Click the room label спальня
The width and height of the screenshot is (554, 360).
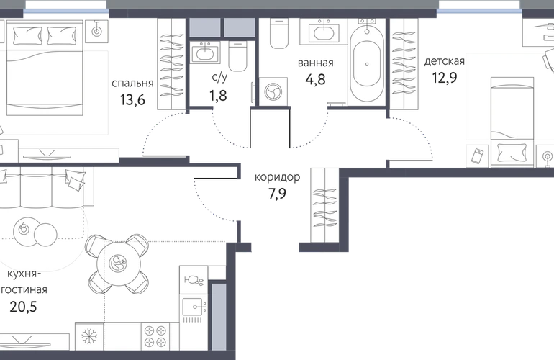(132, 84)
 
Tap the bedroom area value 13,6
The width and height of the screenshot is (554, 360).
(132, 100)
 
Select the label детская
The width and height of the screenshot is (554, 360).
(445, 61)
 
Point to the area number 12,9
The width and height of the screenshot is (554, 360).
(445, 78)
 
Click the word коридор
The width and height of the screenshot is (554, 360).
(277, 177)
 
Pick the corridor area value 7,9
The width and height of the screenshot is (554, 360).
(277, 194)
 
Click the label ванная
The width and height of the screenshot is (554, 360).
(316, 63)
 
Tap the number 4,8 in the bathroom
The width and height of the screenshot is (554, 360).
(316, 79)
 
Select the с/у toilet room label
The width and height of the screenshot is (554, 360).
(219, 78)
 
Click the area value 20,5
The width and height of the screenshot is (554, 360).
(23, 307)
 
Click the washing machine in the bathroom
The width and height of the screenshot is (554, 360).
(273, 91)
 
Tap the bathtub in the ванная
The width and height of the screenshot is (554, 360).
(367, 62)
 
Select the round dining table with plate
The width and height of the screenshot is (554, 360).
(118, 264)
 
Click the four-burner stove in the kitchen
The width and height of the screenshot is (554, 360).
(156, 336)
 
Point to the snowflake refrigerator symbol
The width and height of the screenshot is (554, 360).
(89, 336)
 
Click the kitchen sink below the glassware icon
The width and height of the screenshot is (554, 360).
(194, 308)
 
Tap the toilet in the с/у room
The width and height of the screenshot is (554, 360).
(237, 56)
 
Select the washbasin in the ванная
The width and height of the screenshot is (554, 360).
(324, 32)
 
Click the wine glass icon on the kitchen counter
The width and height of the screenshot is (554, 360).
(194, 280)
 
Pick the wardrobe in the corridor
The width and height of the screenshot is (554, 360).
(324, 205)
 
